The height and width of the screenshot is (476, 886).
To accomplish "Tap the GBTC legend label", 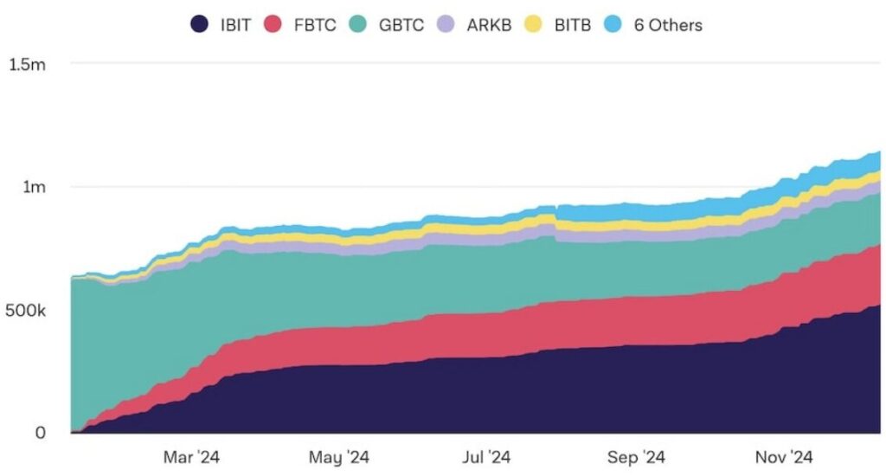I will tap(401, 24).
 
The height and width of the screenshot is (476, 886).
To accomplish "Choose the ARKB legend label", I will tap(489, 24).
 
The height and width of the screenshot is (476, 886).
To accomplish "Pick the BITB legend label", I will tap(572, 24).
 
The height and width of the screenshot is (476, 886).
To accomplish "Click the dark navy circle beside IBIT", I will tap(199, 24).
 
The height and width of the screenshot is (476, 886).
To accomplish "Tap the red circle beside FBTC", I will tap(274, 24).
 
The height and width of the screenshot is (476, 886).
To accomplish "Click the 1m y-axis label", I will tap(35, 187).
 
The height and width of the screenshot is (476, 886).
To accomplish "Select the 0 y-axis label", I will tap(40, 433).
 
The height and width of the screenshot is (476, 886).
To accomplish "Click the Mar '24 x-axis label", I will tap(191, 456).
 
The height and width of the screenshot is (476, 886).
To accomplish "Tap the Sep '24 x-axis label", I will tap(635, 456).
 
